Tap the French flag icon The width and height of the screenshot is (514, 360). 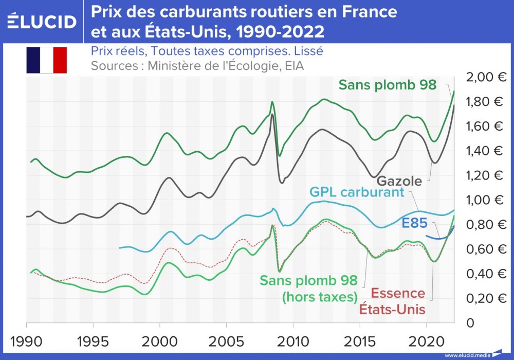47,60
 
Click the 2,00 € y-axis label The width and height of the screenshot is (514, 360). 486,77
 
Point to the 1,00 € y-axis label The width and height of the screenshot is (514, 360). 486,200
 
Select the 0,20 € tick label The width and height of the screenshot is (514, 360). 486,298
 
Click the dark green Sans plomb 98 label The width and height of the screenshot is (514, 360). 388,85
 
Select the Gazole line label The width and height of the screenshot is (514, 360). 399,181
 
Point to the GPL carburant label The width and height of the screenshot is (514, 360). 357,192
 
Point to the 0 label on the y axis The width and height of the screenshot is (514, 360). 470,323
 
